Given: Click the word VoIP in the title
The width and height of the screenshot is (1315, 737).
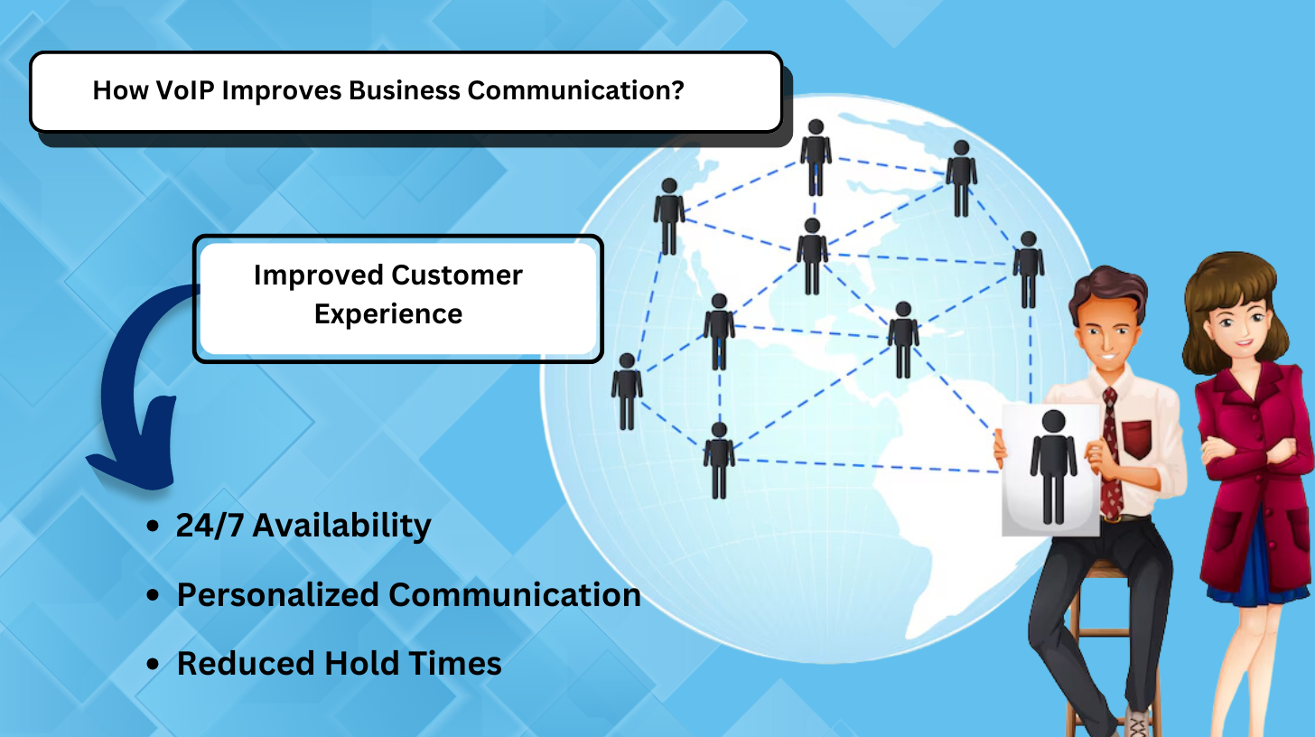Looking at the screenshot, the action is click(185, 90).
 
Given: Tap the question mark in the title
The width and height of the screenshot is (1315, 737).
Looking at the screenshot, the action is click(678, 90).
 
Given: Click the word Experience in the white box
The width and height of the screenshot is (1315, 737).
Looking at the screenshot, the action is click(388, 314).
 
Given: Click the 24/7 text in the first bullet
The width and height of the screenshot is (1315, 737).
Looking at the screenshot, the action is click(210, 525).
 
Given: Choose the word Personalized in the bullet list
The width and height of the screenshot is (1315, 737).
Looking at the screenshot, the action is click(277, 595).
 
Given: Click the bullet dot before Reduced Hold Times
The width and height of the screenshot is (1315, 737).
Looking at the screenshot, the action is click(154, 664).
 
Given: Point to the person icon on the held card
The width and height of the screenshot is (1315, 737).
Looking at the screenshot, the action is click(1053, 467).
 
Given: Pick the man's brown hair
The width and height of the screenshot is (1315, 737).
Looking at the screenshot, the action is click(1106, 291).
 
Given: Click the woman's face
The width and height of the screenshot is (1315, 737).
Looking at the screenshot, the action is click(1240, 326).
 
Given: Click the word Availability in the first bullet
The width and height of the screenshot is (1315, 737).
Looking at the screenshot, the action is click(341, 525).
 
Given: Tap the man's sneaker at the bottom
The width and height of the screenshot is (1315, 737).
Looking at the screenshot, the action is click(1138, 723).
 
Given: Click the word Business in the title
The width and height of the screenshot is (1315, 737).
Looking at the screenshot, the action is click(405, 90).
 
